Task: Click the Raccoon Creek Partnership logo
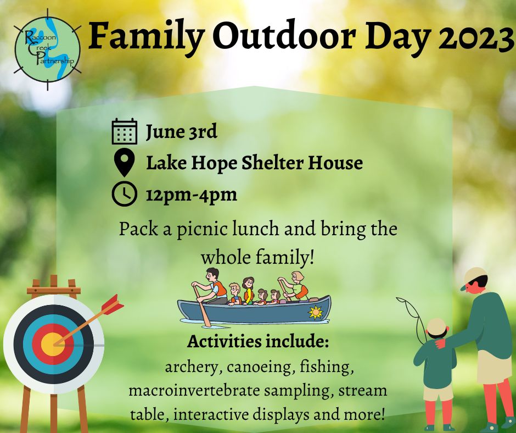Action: (x=48, y=49)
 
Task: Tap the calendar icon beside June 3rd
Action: (x=125, y=131)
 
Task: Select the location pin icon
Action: (x=124, y=163)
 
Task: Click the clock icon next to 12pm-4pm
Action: (x=124, y=193)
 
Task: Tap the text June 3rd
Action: (x=182, y=132)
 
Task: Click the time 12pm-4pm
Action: (x=192, y=195)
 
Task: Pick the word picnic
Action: (x=203, y=229)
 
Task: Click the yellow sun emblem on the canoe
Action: (x=315, y=312)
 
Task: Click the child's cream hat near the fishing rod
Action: (x=437, y=326)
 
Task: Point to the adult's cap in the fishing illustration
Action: (x=474, y=277)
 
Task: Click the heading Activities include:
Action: (x=258, y=342)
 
